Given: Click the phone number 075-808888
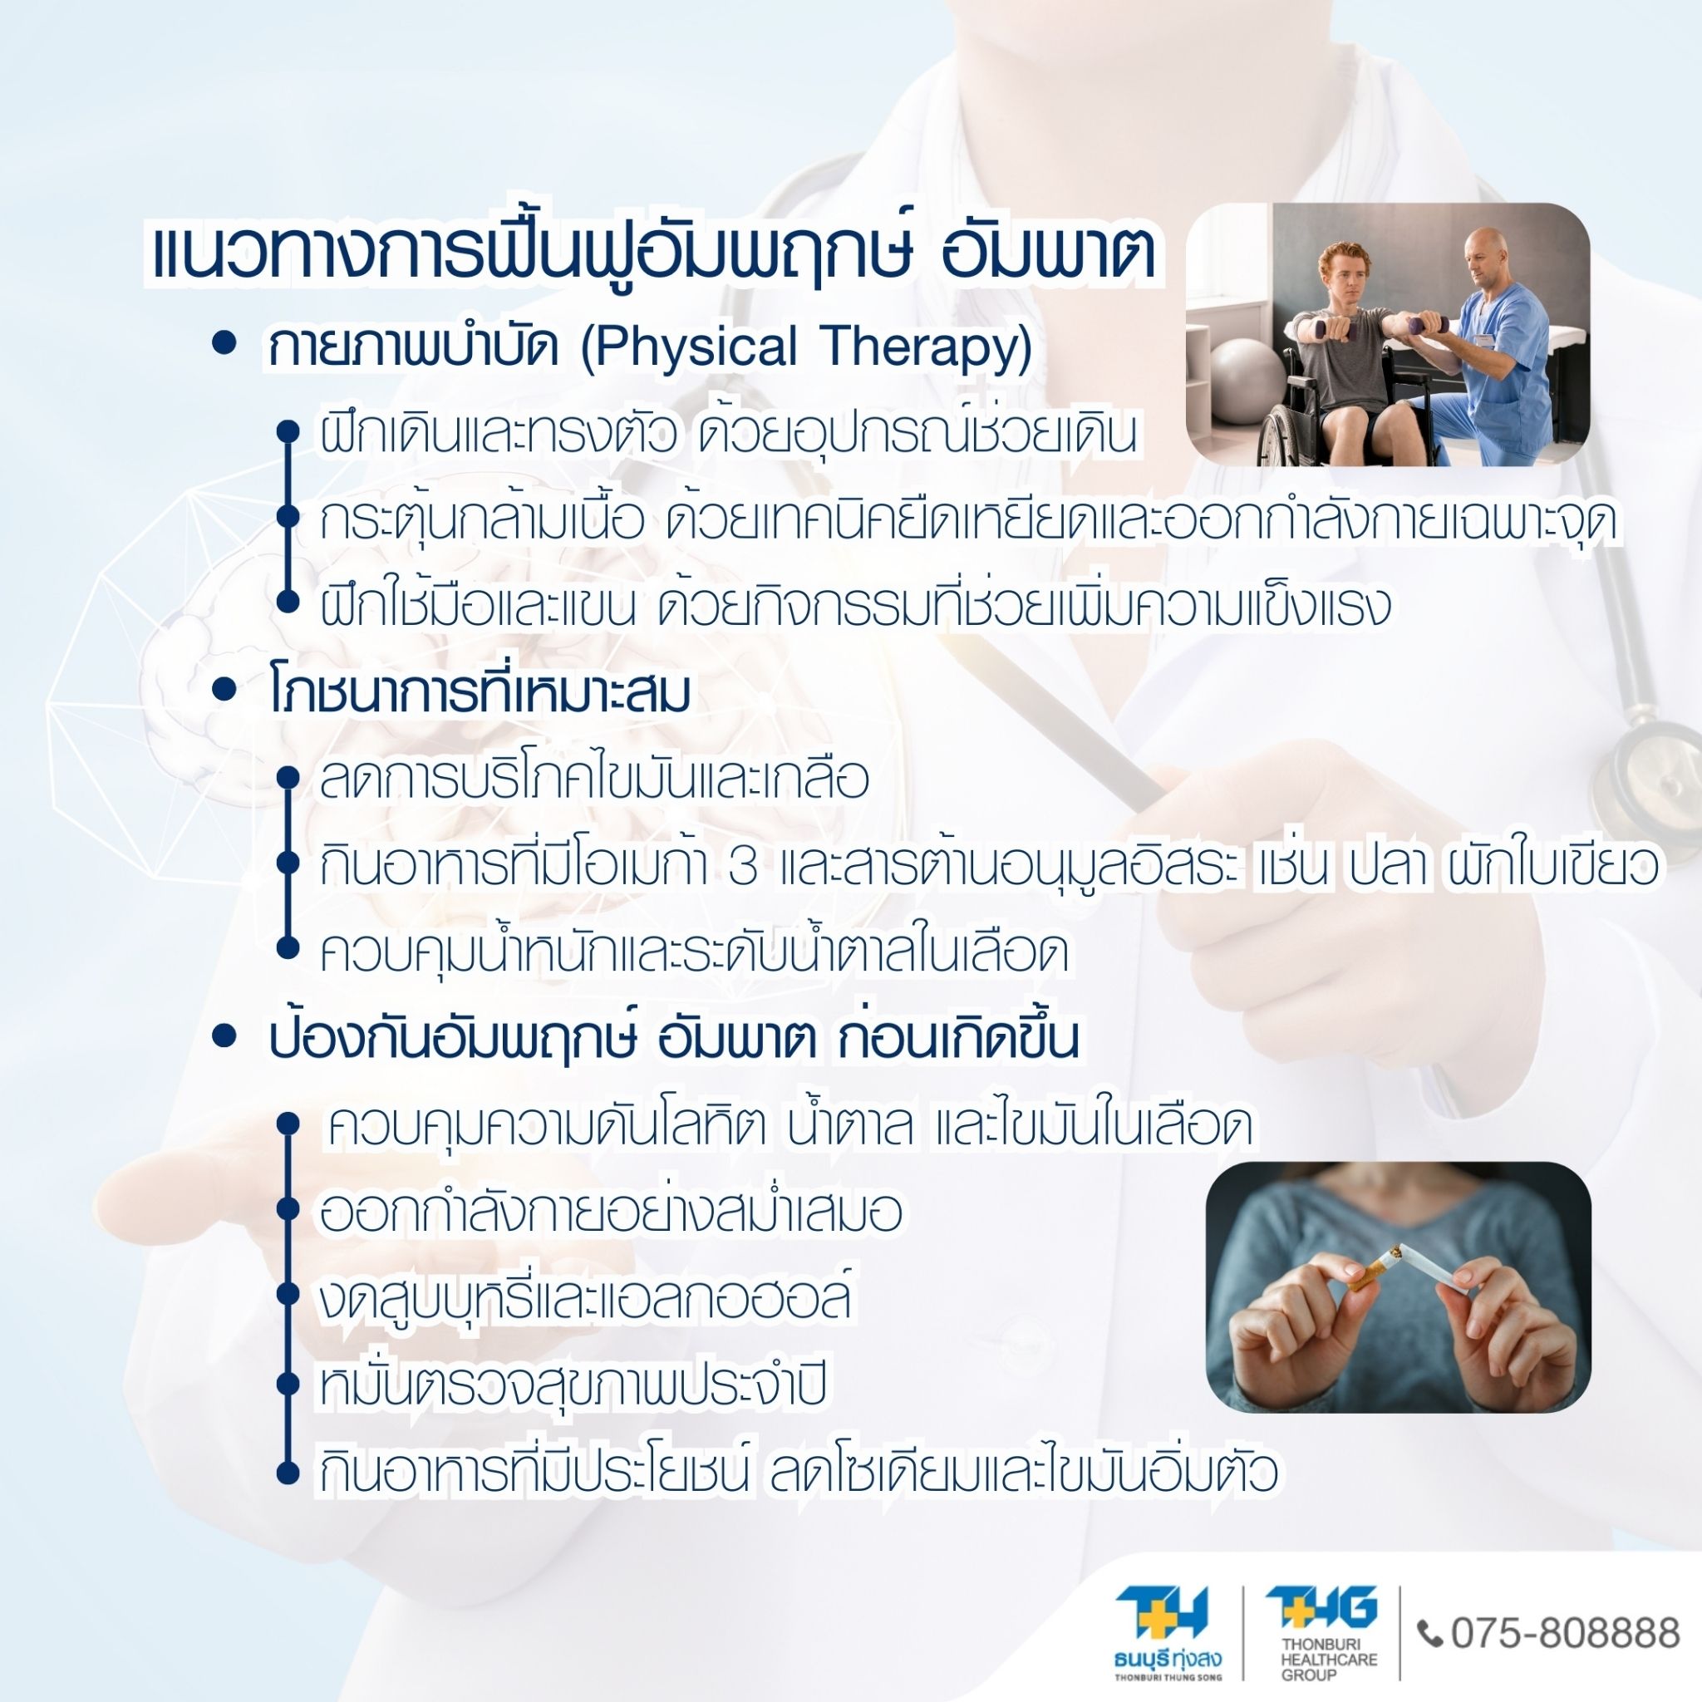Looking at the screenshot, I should click(x=1565, y=1632).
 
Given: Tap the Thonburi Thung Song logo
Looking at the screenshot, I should click(x=1168, y=1632).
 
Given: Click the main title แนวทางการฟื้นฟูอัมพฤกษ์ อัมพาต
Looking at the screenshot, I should click(x=652, y=254).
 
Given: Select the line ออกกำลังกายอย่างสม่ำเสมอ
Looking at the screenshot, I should click(x=610, y=1213).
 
